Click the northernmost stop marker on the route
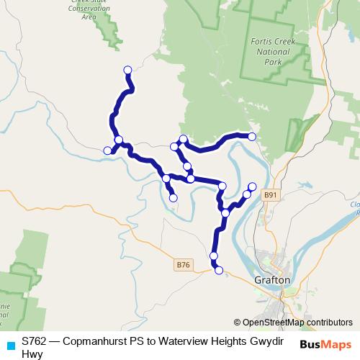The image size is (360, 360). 128,70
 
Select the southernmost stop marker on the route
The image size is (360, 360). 219,271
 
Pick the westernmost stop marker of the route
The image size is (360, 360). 107,150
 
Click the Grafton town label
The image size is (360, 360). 272,279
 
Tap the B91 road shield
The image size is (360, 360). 270,194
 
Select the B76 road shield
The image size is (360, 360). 184,265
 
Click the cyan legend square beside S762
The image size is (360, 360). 10,345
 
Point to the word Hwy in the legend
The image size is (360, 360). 32,353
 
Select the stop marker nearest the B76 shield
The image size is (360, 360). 214,256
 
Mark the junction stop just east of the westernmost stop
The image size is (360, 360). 119,140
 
